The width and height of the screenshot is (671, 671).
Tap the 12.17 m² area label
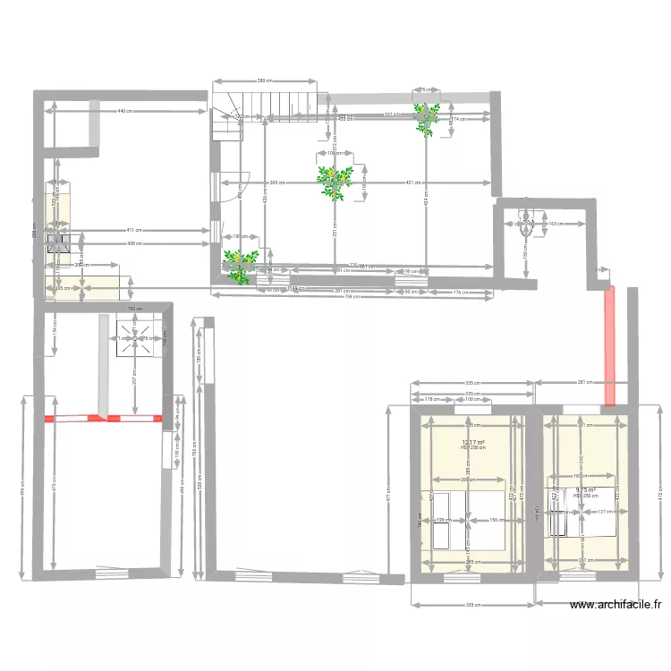tap(473, 442)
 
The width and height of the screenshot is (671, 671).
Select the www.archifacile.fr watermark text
tap(616, 605)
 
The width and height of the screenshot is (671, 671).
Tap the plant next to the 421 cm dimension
tap(335, 182)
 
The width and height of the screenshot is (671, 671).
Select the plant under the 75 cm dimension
tap(425, 118)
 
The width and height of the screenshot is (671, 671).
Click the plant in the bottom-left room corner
tap(238, 266)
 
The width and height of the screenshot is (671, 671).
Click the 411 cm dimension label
tap(132, 230)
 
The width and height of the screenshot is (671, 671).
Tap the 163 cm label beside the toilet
tap(556, 224)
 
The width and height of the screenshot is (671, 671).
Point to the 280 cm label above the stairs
tap(265, 81)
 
